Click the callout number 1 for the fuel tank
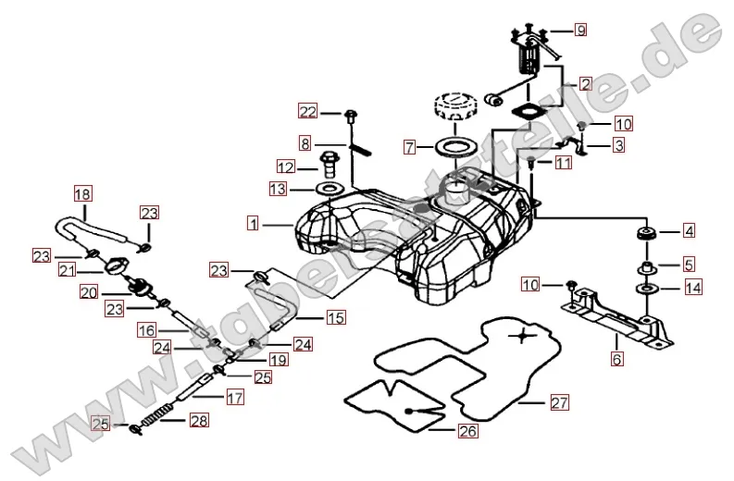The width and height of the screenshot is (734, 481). pyautogui.click(x=253, y=223)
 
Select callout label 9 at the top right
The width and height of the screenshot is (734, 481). pyautogui.click(x=580, y=30)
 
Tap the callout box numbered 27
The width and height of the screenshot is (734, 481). pyautogui.click(x=558, y=402)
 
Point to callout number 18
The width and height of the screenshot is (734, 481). pyautogui.click(x=83, y=194)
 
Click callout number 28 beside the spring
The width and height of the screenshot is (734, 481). pyautogui.click(x=199, y=422)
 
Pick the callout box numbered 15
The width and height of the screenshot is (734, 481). pyautogui.click(x=335, y=317)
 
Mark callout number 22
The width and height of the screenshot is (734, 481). pyautogui.click(x=306, y=112)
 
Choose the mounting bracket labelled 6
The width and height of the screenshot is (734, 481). pyautogui.click(x=619, y=317)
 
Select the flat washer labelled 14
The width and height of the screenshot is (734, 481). pyautogui.click(x=645, y=290)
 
